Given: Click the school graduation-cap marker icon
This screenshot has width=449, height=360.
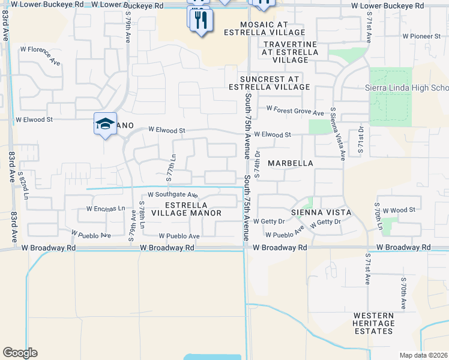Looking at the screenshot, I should [106, 124].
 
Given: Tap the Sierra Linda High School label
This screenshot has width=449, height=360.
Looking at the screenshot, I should [407, 88].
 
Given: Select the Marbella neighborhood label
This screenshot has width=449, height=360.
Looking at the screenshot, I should [291, 163].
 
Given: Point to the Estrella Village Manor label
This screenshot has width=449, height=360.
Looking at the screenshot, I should [186, 209].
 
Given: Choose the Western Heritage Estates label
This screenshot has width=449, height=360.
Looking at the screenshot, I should [373, 323].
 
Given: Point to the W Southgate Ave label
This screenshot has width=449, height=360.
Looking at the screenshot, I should [173, 195].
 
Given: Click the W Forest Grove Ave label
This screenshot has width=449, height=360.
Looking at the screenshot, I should [295, 110].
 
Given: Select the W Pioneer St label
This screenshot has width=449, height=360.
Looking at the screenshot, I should [422, 37].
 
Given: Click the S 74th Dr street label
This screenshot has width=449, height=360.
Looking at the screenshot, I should [257, 163].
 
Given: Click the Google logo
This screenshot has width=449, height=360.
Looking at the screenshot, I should [20, 353].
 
